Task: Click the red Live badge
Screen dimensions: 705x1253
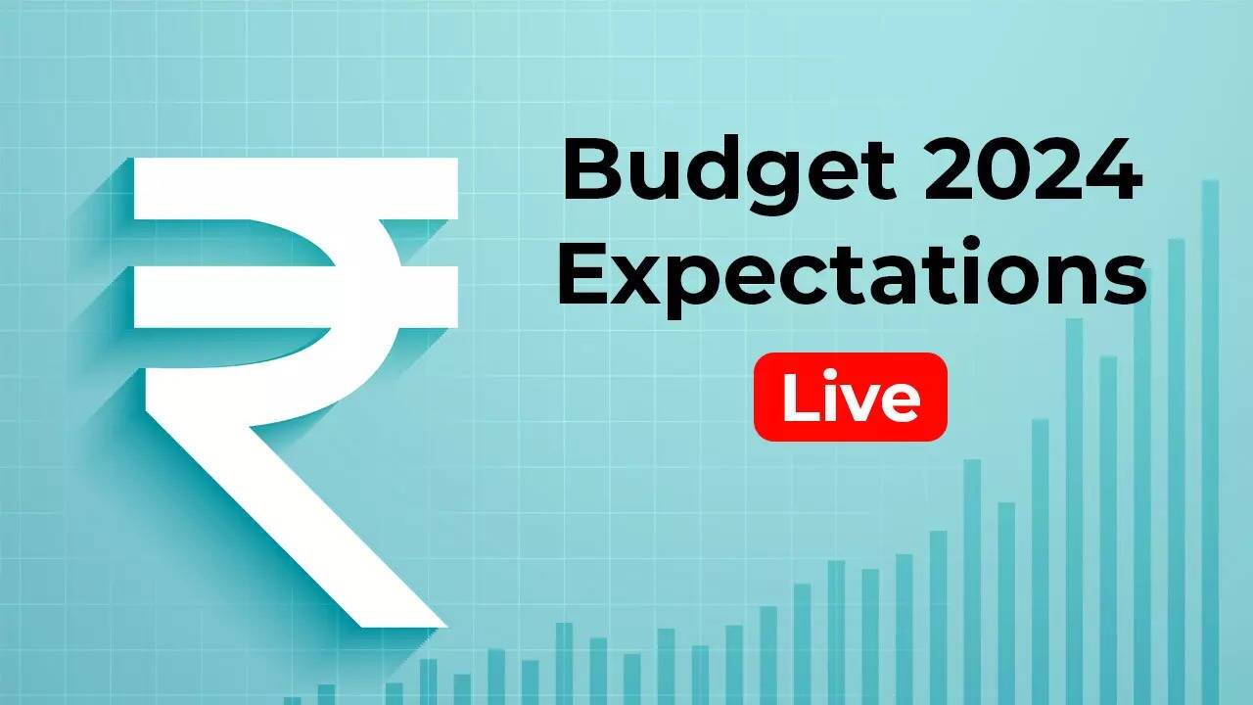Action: point(850,397)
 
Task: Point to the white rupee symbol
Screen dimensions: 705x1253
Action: point(294,392)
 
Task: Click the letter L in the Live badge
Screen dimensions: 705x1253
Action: point(798,397)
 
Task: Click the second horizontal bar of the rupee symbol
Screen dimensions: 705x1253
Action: point(294,298)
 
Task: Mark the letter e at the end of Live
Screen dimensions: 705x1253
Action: point(900,401)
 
